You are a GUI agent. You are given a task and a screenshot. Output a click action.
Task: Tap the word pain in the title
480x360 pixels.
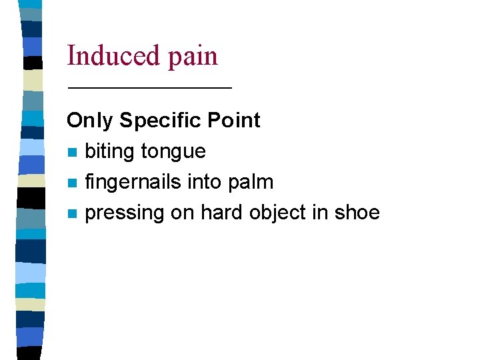193,56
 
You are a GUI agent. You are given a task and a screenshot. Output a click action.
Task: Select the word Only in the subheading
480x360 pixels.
90,121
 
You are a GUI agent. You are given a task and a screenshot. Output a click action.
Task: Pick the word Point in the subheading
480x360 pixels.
233,120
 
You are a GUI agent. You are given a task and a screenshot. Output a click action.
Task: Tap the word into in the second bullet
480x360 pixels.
210,181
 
